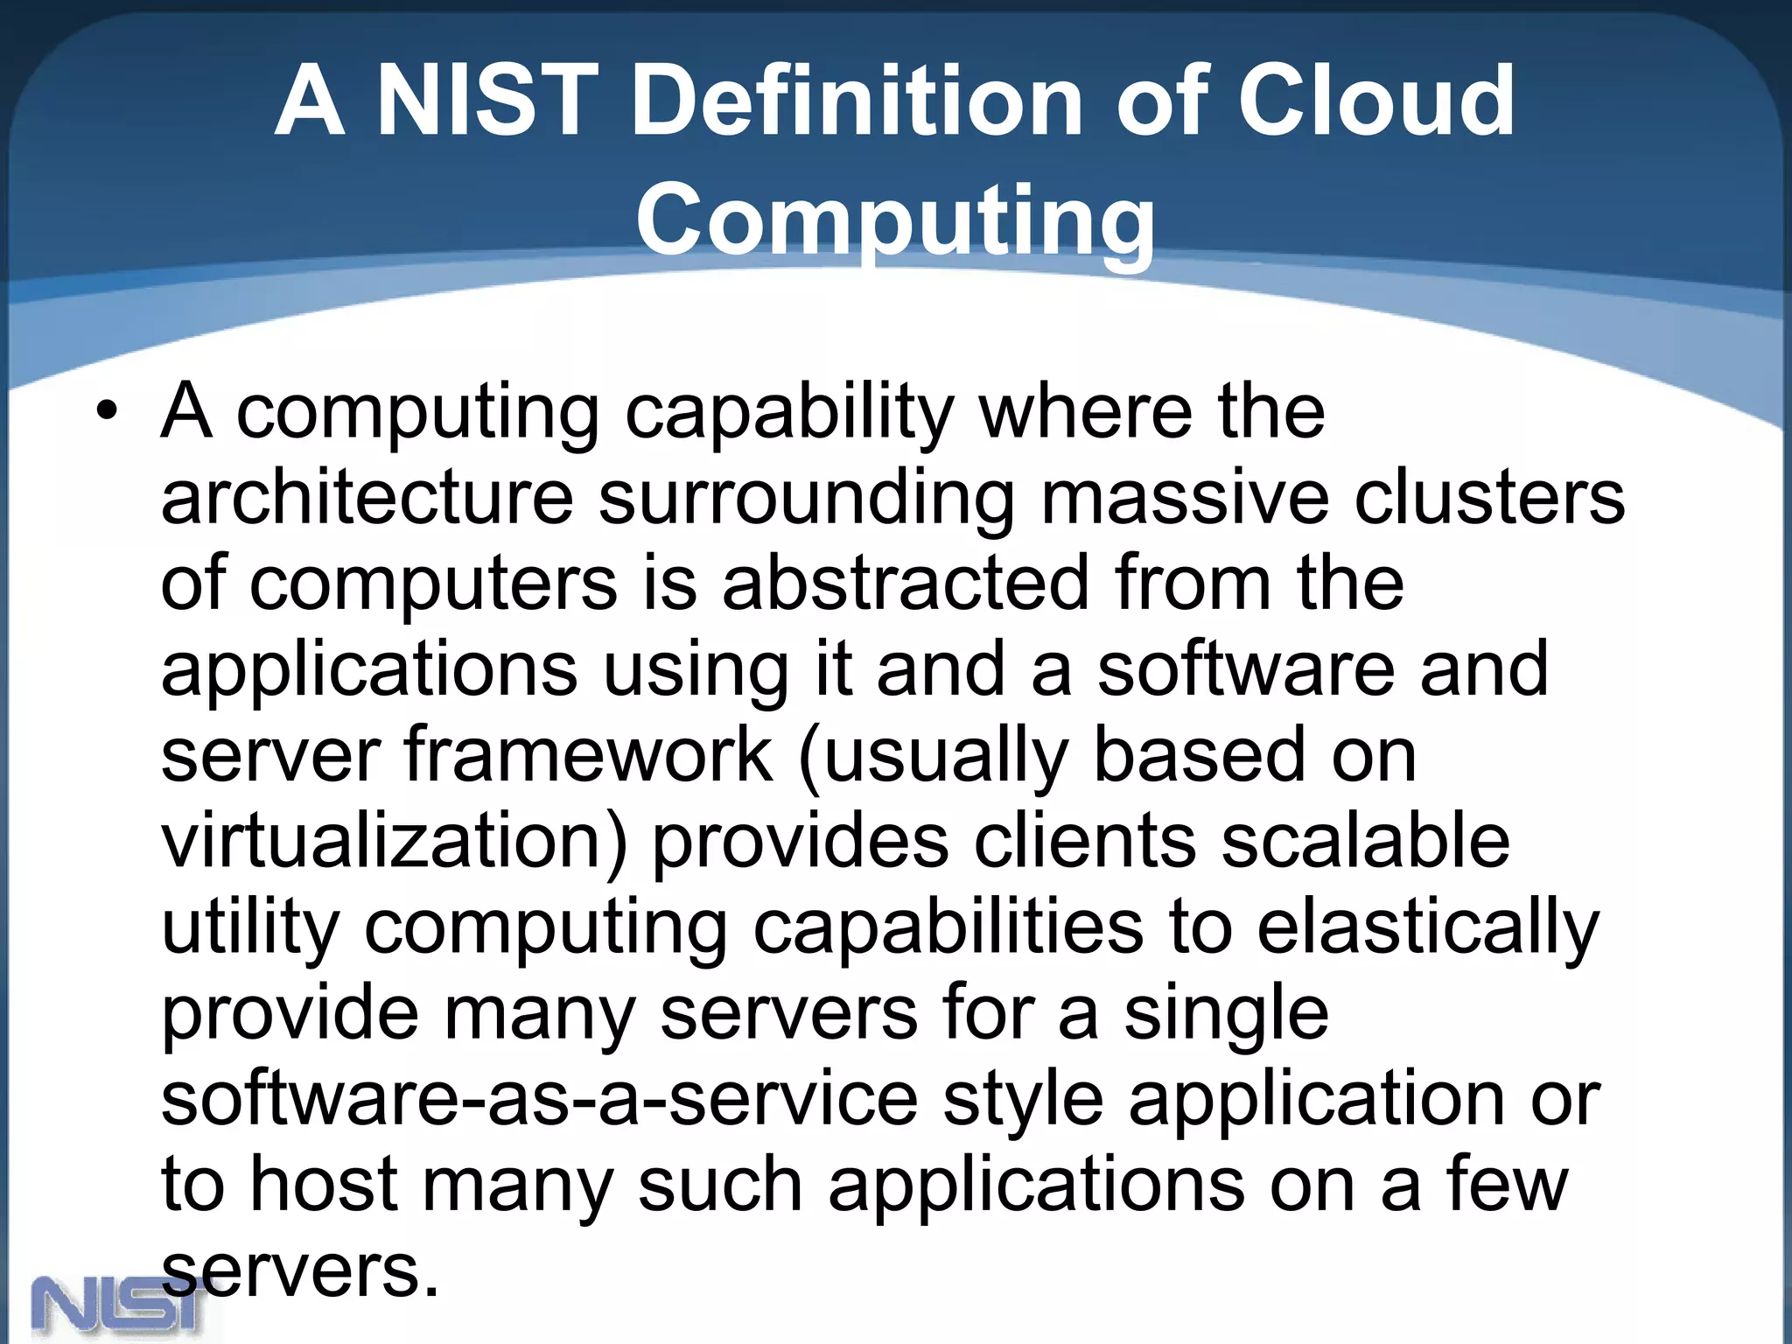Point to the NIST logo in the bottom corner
(118, 1308)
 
